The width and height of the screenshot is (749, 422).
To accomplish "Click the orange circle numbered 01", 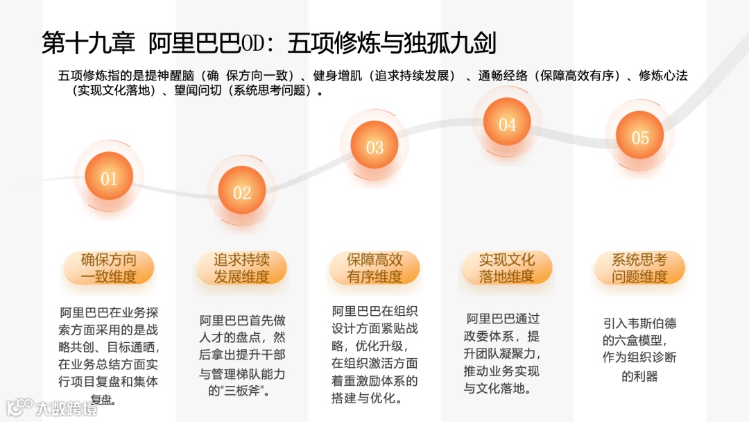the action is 109,178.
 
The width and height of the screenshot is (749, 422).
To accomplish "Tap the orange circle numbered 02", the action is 241,192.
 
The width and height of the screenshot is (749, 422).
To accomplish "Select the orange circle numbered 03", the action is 374,147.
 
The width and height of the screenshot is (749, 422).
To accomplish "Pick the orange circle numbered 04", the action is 507,125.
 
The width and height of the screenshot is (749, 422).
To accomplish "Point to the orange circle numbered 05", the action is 640,137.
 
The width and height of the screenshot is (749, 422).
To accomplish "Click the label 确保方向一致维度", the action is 109,269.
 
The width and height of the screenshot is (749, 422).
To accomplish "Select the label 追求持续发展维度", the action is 241,269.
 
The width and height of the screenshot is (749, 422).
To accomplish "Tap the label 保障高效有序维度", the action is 374,269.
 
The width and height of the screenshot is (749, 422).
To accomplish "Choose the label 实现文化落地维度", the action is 507,269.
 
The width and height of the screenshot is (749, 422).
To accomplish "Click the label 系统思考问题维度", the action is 639,269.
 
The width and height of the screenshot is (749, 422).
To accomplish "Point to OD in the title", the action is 251,43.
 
